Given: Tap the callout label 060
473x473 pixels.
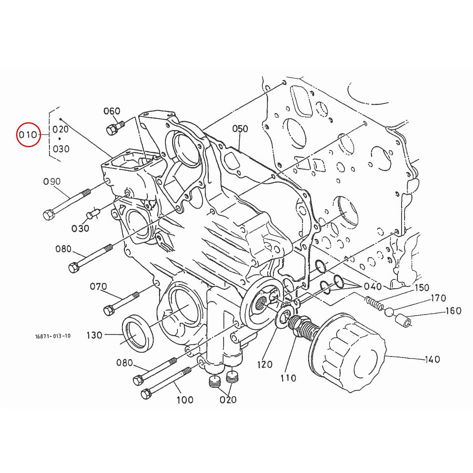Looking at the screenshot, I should [112, 111].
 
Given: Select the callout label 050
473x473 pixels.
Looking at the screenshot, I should [240, 129].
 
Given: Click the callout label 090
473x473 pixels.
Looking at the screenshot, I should [52, 182].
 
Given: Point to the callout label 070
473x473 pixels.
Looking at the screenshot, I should [99, 286].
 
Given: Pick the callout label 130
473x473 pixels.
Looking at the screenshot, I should [94, 335].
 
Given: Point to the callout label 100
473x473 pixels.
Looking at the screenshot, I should [184, 400].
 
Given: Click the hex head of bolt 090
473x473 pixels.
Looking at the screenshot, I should [48, 215].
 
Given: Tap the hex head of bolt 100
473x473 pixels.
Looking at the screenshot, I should [146, 393].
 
